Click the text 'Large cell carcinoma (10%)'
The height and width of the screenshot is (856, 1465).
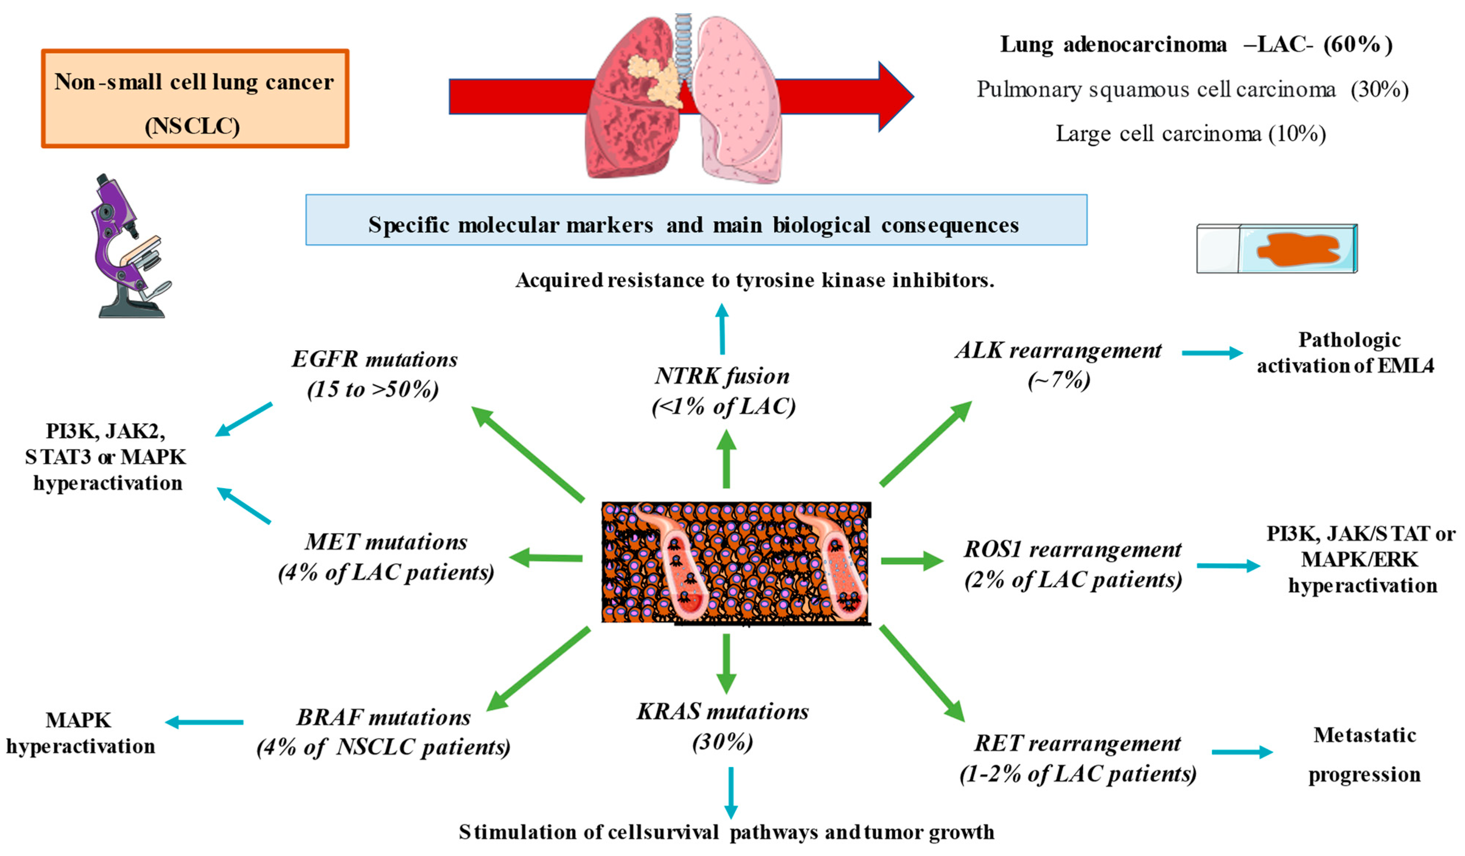click(x=1190, y=134)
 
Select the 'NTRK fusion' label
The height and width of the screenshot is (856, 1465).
click(x=722, y=376)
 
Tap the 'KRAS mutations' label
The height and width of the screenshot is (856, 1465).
click(x=723, y=712)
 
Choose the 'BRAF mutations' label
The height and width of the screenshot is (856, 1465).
click(x=383, y=718)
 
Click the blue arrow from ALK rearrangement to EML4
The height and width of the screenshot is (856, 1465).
click(x=1212, y=353)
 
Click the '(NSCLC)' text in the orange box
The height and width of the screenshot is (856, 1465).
click(x=192, y=126)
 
